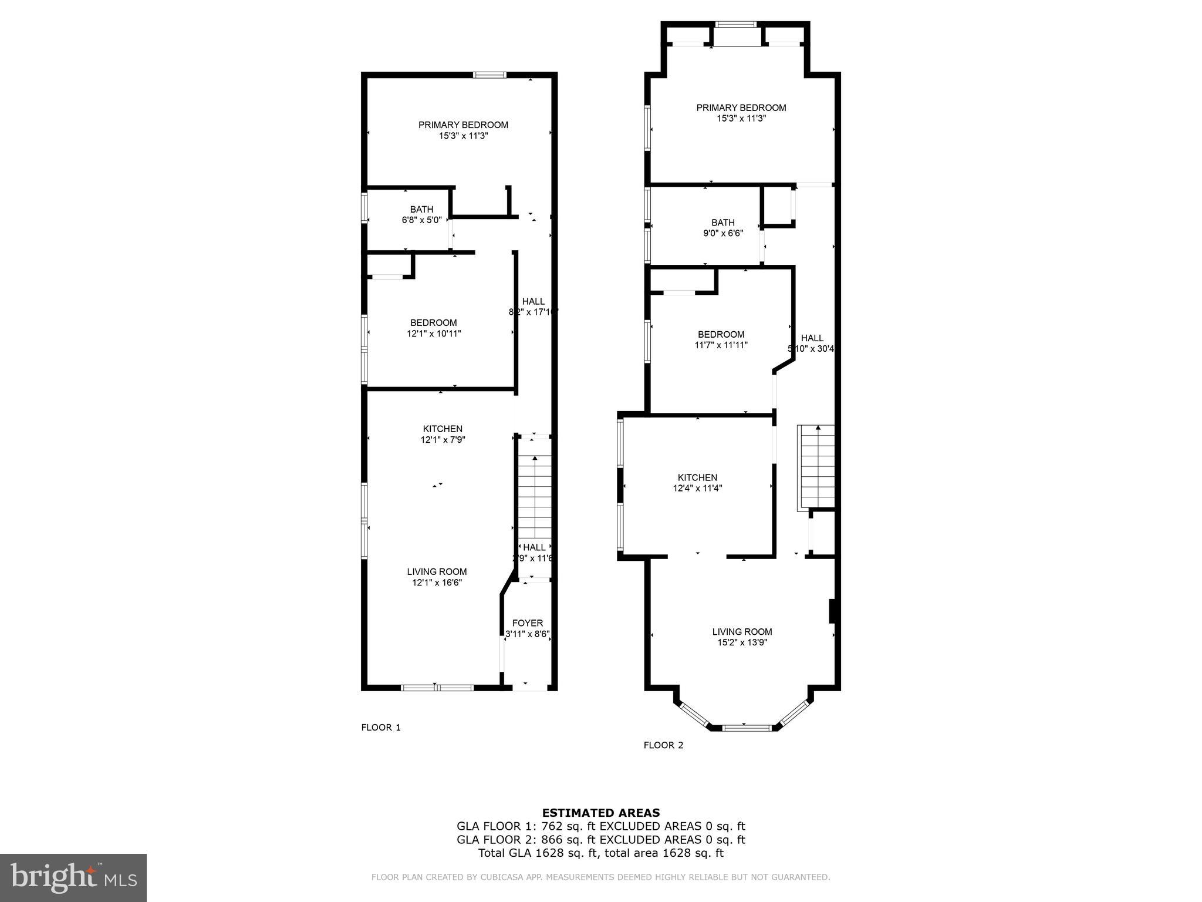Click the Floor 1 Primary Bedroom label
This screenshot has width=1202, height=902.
(463, 124)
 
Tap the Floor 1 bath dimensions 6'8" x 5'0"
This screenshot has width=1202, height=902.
(421, 220)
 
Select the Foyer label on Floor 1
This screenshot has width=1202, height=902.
(528, 623)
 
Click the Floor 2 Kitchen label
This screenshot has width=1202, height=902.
(697, 477)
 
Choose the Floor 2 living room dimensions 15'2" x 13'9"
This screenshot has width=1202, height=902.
(742, 642)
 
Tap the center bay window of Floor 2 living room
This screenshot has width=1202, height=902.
(746, 728)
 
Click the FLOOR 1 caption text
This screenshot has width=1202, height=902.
(380, 728)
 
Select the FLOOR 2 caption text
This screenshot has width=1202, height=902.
(663, 745)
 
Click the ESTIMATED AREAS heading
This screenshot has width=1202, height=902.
(600, 813)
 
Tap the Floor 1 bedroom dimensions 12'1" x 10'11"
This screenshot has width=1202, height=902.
(434, 334)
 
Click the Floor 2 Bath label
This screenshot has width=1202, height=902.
(722, 223)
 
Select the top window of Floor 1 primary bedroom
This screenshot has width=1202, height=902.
(489, 75)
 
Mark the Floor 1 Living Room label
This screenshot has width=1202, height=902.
(437, 571)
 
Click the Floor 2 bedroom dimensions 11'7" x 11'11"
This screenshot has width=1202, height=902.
(721, 345)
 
